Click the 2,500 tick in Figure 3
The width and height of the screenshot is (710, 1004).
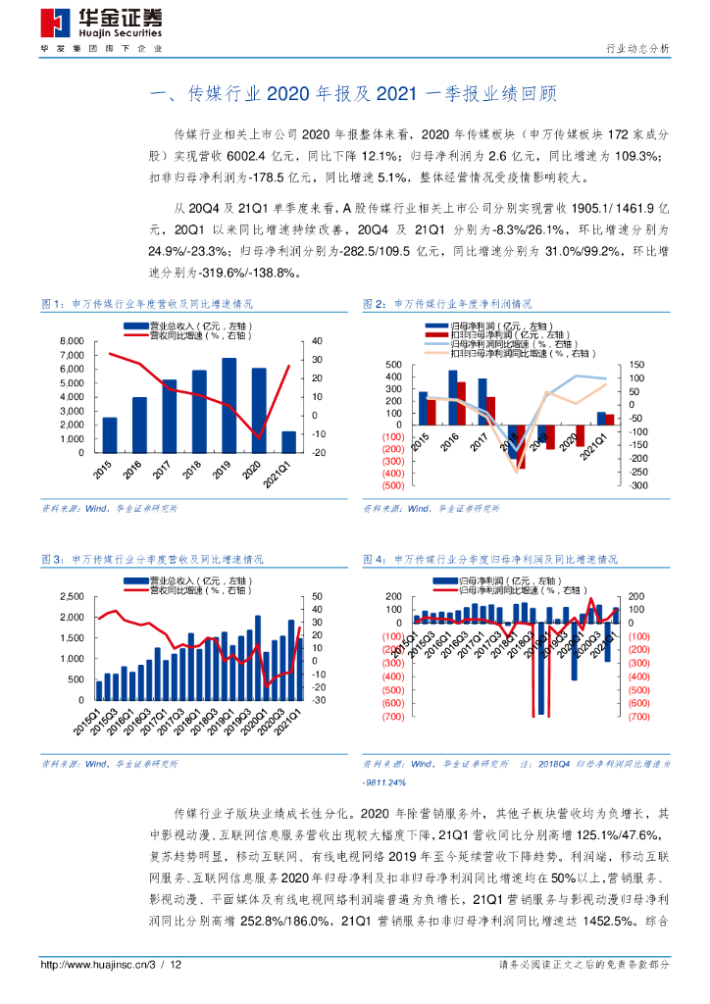72,596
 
